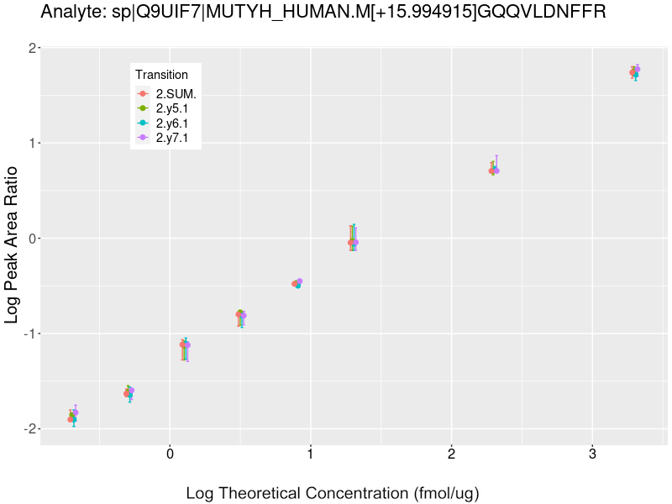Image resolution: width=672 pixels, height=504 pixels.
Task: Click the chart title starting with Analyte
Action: pyautogui.click(x=323, y=12)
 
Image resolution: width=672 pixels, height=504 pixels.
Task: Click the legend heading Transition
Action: pyautogui.click(x=162, y=75)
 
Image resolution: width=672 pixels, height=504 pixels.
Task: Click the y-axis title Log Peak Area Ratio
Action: pyautogui.click(x=12, y=244)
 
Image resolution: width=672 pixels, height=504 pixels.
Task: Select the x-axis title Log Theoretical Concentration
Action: pyautogui.click(x=333, y=493)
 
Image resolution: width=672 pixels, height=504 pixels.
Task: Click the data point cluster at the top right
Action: pyautogui.click(x=635, y=71)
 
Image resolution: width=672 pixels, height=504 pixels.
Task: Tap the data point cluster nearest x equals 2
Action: pyautogui.click(x=494, y=170)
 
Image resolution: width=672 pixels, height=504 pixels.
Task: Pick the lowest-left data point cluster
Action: pyautogui.click(x=73, y=416)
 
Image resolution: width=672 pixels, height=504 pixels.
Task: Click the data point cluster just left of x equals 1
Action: pyautogui.click(x=297, y=283)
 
